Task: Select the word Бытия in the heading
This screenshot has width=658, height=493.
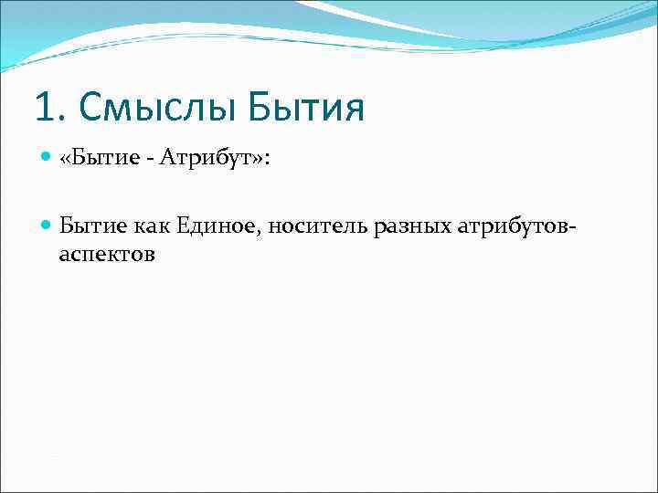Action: tap(306, 109)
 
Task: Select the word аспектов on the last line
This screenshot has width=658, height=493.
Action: tap(107, 256)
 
